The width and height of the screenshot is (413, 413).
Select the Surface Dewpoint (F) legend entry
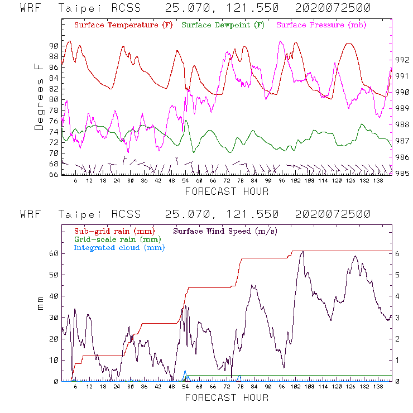[x=223, y=25]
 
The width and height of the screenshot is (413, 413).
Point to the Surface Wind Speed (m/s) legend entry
[x=225, y=230]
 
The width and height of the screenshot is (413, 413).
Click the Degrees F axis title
[x=39, y=97]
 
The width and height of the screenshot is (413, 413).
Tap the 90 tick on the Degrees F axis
[x=54, y=46]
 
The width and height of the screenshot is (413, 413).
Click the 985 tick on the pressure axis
[x=403, y=174]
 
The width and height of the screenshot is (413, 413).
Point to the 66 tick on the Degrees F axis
[x=54, y=175]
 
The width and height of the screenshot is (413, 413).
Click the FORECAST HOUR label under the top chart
[x=227, y=191]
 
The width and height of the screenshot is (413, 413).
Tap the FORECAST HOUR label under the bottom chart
[x=227, y=397]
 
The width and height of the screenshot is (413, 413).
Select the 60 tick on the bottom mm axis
[x=54, y=253]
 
